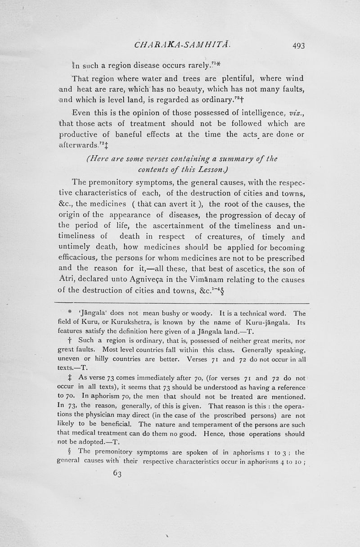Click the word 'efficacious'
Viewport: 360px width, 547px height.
pos(84,258)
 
